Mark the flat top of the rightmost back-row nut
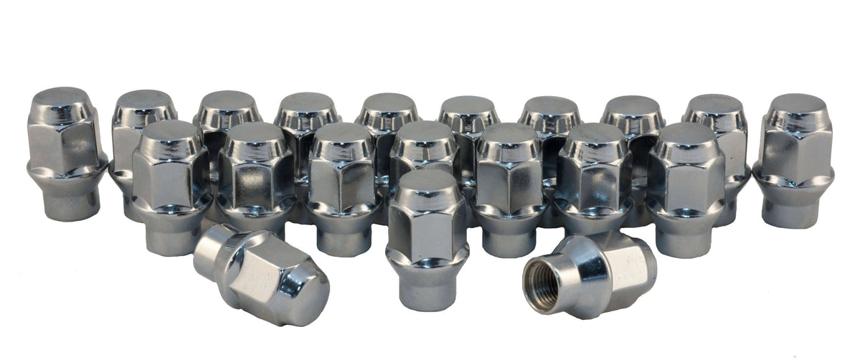(798, 103)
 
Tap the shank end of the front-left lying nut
(208, 247)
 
